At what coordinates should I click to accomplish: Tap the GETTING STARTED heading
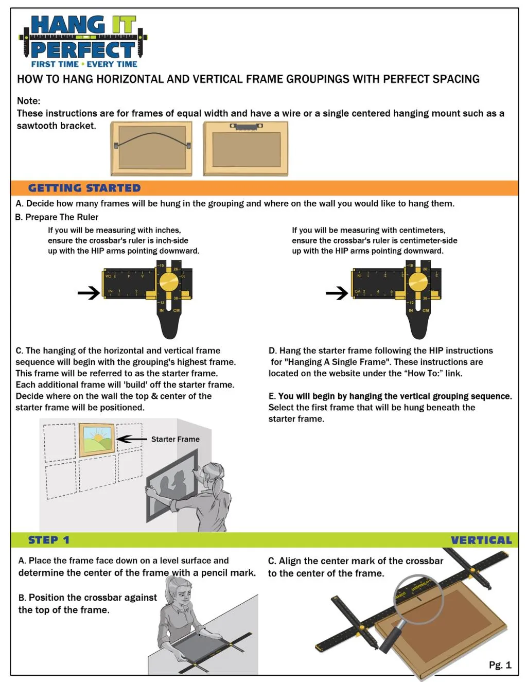coord(84,188)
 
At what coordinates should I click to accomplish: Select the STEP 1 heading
coord(48,540)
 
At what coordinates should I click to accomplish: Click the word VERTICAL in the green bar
coord(481,540)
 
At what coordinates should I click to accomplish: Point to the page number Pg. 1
coord(500,665)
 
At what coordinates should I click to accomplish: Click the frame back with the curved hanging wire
coord(151,148)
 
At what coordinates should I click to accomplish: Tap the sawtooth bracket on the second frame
coord(246,126)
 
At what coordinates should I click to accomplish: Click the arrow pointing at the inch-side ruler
coord(89,293)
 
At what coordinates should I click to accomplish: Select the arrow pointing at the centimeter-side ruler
coord(337,293)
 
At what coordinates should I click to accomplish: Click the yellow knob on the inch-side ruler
coord(168,282)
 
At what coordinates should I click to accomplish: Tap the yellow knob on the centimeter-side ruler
coord(417,282)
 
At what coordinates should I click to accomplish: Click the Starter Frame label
coord(175,439)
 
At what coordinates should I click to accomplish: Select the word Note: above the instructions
coord(28,101)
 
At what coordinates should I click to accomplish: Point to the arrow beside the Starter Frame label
coord(132,439)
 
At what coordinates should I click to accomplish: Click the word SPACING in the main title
coord(455,79)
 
